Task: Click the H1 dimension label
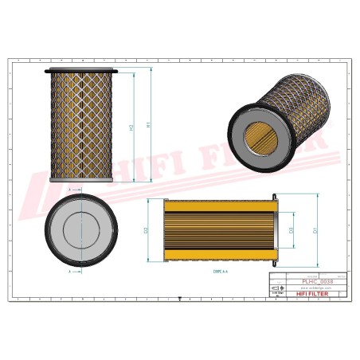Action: tap(149, 125)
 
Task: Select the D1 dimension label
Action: tap(316, 231)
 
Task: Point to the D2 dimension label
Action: tap(147, 231)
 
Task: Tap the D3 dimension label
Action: tap(291, 230)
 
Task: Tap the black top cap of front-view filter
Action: tap(81, 71)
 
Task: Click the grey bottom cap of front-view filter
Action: tap(81, 179)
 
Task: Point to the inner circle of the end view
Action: tap(80, 229)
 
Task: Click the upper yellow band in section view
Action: tap(220, 205)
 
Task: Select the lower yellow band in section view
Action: tap(220, 256)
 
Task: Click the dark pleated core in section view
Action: tap(220, 231)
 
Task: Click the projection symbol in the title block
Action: tap(278, 287)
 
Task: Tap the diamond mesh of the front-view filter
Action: tap(81, 123)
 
